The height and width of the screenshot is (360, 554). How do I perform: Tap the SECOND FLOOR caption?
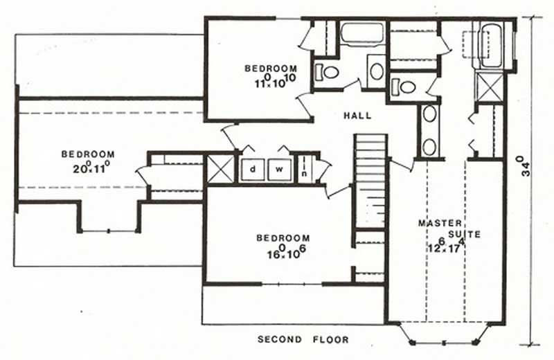303,340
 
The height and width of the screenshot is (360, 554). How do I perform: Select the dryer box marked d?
253,169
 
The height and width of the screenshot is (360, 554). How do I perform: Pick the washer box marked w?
280,169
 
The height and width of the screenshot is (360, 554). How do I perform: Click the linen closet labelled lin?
304,170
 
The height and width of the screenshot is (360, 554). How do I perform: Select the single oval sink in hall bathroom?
377,70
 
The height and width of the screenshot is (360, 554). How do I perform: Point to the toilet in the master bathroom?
406,87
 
